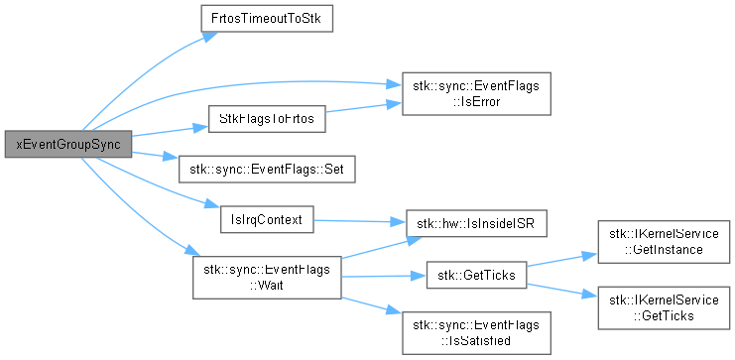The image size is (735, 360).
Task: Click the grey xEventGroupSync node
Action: click(x=68, y=145)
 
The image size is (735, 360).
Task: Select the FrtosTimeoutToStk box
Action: click(x=267, y=19)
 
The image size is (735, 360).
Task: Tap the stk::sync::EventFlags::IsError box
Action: click(x=476, y=94)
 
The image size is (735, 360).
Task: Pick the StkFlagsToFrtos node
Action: click(x=267, y=119)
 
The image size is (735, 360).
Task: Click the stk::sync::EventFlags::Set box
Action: click(x=267, y=170)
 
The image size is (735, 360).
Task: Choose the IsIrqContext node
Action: click(x=267, y=219)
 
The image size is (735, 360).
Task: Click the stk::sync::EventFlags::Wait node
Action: click(x=267, y=278)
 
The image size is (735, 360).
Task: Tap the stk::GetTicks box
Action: click(x=476, y=275)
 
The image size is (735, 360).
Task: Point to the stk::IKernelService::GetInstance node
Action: click(x=664, y=242)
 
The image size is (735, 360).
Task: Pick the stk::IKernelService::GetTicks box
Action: click(x=664, y=308)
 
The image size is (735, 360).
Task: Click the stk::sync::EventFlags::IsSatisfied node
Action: click(x=476, y=333)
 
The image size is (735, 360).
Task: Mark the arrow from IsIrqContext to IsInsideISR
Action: click(x=359, y=221)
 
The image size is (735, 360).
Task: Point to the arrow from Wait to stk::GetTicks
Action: click(x=384, y=276)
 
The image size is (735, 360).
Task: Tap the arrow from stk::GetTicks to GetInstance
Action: click(x=562, y=260)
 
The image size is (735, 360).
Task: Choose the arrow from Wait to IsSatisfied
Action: click(x=371, y=305)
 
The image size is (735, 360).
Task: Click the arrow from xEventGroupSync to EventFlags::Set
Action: click(x=155, y=156)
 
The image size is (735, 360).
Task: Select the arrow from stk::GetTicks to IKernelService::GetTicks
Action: click(x=562, y=290)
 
